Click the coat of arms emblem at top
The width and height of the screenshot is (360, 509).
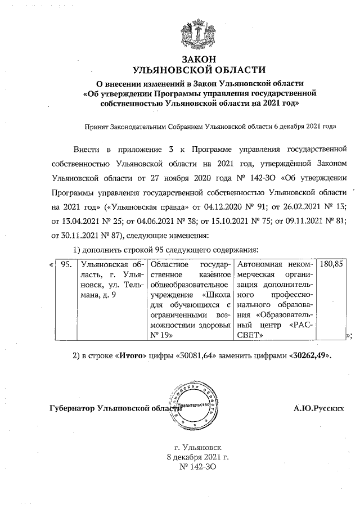pos(199,34)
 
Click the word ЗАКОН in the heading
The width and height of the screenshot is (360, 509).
pos(199,60)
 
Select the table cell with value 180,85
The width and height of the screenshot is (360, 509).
pos(331,264)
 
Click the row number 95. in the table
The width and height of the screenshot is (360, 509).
pos(66,264)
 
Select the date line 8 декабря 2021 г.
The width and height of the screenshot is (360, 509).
pos(199,457)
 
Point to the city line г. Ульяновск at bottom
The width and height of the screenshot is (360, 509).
pos(199,447)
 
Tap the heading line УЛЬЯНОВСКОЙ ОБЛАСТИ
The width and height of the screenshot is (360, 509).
pos(199,70)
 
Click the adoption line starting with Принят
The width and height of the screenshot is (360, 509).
pos(209,127)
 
